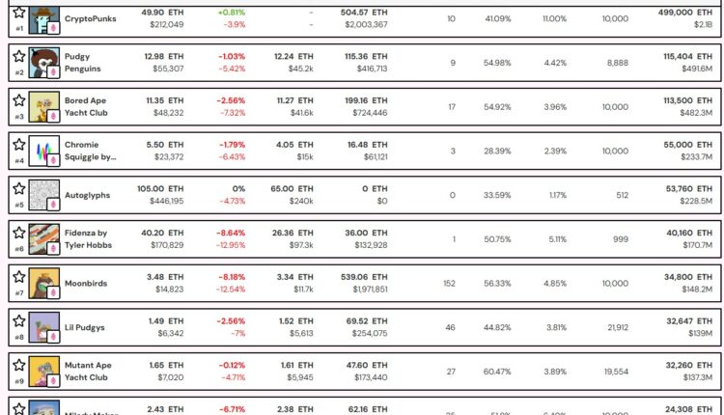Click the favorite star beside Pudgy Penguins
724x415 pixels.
[18, 55]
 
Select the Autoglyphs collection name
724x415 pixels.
[87, 195]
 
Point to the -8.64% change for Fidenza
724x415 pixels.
[231, 233]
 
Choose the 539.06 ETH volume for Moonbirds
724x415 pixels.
[366, 277]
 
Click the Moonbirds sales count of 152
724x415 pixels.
[451, 284]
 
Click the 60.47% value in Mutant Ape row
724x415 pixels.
[498, 373]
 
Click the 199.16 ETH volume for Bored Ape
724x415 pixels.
[366, 99]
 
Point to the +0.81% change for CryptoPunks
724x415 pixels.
[232, 12]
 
